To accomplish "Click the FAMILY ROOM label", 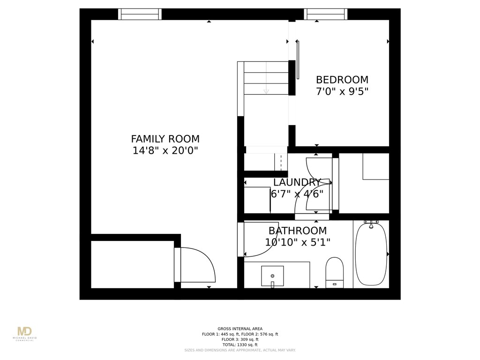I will click(165, 139).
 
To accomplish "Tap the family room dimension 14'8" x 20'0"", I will click(165, 151).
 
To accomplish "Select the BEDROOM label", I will click(342, 80).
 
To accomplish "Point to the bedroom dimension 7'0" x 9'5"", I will click(342, 91).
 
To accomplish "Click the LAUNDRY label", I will click(297, 183).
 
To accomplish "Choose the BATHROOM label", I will click(297, 231).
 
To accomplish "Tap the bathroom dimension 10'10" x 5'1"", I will click(297, 242).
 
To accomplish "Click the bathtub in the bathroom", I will click(371, 255).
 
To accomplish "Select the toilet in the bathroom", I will click(334, 272).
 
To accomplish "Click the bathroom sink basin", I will click(272, 276).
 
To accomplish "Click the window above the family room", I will click(140, 14).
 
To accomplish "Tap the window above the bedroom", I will click(325, 14).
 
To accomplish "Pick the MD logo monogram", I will click(24, 331).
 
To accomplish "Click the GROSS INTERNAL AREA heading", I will click(240, 329).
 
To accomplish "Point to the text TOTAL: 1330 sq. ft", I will click(240, 345).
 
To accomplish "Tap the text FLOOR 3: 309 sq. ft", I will click(240, 339).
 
